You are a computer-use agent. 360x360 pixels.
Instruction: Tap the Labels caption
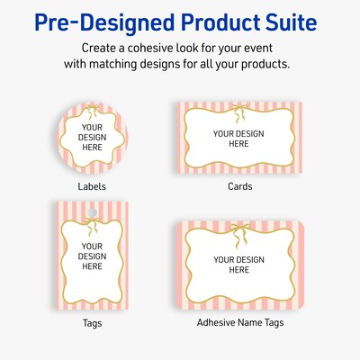point(92,186)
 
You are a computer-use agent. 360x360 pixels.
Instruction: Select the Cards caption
point(239,186)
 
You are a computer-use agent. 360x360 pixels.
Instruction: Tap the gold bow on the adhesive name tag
point(238,229)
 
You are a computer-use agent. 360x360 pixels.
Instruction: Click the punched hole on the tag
point(93,212)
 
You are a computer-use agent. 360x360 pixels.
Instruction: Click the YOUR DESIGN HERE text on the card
point(238,139)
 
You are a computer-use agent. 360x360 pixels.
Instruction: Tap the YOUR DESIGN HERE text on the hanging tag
point(93,256)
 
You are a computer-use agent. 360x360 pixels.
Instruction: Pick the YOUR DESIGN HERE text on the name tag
point(238,265)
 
